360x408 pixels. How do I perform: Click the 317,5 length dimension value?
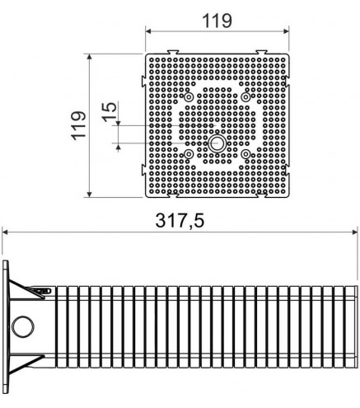tap(180, 221)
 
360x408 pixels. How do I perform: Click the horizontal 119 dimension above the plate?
tap(217, 21)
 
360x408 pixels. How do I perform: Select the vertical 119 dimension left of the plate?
tap(79, 125)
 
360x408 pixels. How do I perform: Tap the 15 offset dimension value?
tap(110, 111)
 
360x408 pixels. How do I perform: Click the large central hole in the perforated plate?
tap(217, 143)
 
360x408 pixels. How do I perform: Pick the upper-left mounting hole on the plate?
tap(189, 96)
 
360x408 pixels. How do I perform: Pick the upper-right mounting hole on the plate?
tap(245, 96)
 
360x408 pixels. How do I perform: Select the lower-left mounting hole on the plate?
tap(189, 154)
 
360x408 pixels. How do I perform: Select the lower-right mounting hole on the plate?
tap(245, 154)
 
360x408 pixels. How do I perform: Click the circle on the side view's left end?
tap(23, 326)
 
